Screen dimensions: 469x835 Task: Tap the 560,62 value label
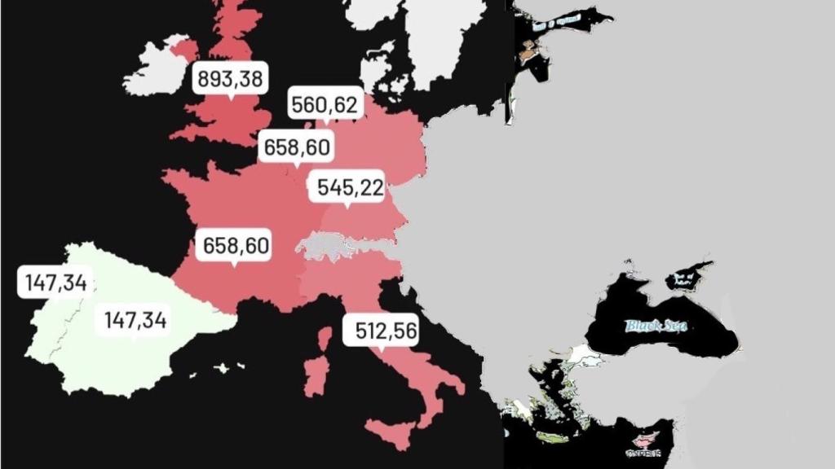(x=326, y=103)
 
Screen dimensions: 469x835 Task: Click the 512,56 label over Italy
(x=381, y=331)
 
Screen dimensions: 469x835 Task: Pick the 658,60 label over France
(x=236, y=246)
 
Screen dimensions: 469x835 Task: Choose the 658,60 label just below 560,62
(x=297, y=147)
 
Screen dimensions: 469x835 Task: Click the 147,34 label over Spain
(x=135, y=320)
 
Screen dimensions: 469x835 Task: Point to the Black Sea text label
(x=656, y=326)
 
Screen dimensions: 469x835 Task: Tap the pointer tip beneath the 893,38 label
(x=231, y=99)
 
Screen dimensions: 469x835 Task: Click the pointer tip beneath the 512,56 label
(x=380, y=351)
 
